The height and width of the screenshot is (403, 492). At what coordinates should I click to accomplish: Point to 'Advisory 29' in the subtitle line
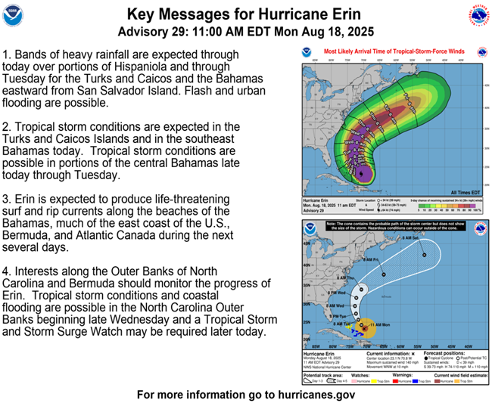pyautogui.click(x=154, y=32)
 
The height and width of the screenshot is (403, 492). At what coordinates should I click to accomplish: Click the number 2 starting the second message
pyautogui.click(x=7, y=127)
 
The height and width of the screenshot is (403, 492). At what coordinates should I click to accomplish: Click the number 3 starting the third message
pyautogui.click(x=7, y=198)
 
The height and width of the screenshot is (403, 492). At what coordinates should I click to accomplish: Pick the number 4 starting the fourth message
pyautogui.click(x=7, y=270)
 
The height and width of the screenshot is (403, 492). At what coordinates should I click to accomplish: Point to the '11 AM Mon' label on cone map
pyautogui.click(x=380, y=323)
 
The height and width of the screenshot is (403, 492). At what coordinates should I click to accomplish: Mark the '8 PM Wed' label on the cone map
pyautogui.click(x=340, y=290)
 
